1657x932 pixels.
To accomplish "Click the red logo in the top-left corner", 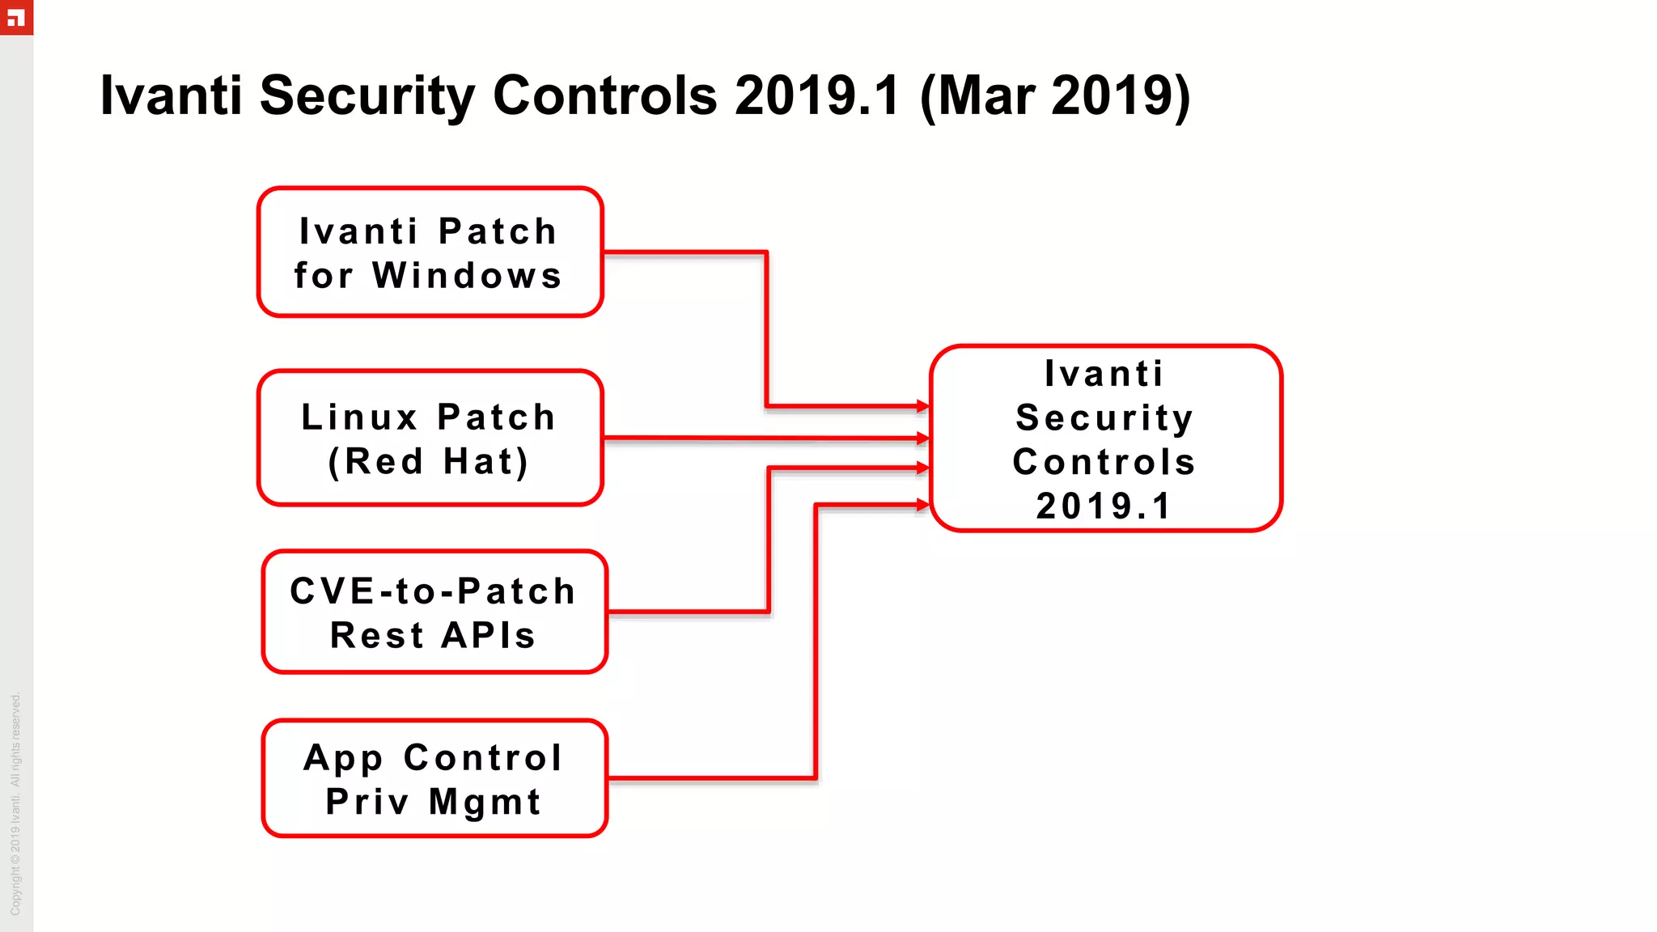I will [x=16, y=17].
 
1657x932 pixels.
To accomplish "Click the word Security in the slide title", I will [x=368, y=96].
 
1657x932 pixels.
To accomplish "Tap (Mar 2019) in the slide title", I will [x=1055, y=96].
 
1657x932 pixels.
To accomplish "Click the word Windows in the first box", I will [x=468, y=276].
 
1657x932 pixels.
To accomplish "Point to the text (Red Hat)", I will [x=429, y=462].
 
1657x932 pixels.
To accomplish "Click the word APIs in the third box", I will [x=489, y=636].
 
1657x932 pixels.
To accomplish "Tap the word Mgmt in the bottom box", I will [x=485, y=803].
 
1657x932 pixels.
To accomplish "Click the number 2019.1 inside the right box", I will [x=1104, y=507].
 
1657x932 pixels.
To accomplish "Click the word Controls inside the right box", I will [x=1104, y=463].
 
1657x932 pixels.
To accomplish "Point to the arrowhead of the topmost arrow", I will [x=923, y=406].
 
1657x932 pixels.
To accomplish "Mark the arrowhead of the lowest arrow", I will [x=923, y=505].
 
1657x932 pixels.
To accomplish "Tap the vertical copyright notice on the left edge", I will [x=15, y=804].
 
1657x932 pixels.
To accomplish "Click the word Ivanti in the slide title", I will [x=171, y=96].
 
